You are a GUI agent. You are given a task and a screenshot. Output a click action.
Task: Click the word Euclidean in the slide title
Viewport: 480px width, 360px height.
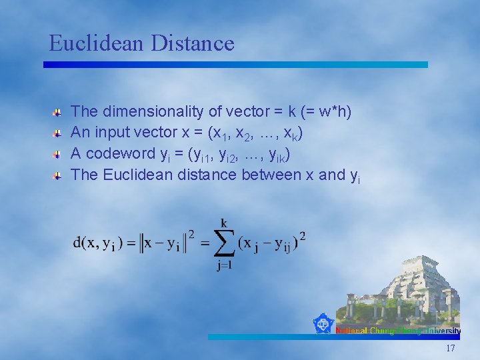coord(97,43)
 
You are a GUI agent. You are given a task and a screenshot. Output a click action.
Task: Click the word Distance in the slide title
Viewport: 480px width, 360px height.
coord(193,43)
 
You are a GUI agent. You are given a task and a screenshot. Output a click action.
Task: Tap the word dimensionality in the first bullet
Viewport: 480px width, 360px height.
coord(143,111)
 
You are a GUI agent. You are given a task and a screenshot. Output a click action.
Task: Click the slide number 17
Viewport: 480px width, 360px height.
coord(451,349)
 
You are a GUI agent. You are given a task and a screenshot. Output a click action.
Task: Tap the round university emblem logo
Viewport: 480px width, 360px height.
coord(323,324)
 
